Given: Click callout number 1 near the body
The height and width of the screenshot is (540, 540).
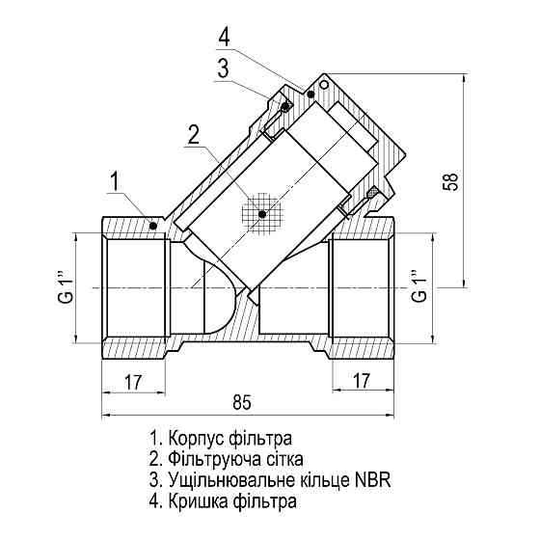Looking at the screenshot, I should [115, 180].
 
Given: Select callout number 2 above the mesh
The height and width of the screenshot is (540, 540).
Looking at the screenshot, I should [194, 134].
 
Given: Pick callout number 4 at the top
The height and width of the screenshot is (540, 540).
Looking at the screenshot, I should [224, 38].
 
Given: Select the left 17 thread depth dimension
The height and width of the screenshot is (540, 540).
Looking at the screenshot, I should [134, 382].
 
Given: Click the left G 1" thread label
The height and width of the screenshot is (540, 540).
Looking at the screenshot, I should [66, 288].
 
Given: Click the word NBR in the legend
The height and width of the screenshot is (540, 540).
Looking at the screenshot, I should [373, 480].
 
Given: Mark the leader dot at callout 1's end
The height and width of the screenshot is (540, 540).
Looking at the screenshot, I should [154, 225].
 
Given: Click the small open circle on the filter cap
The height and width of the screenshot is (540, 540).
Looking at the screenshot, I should [323, 86].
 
